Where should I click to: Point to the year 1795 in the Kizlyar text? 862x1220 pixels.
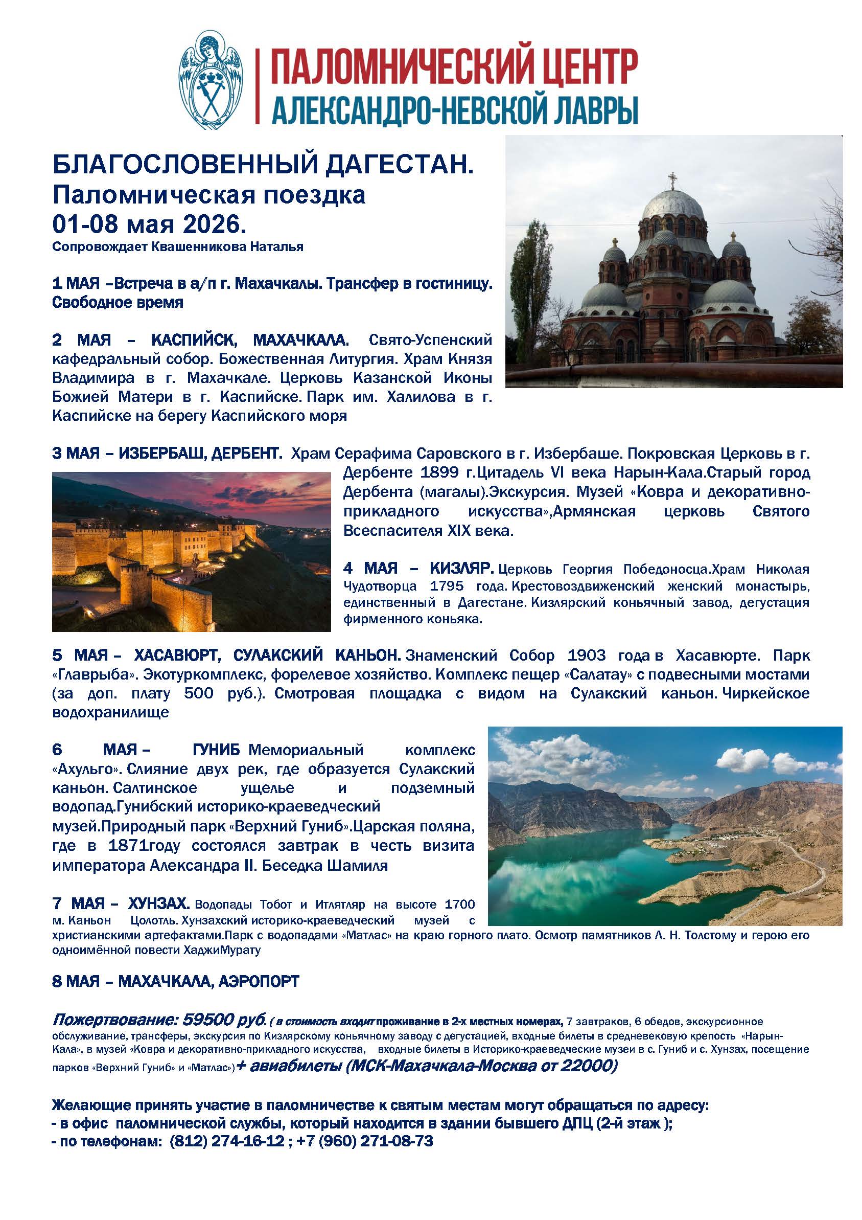pyautogui.click(x=447, y=586)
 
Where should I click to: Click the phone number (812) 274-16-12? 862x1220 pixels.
pyautogui.click(x=227, y=1141)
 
